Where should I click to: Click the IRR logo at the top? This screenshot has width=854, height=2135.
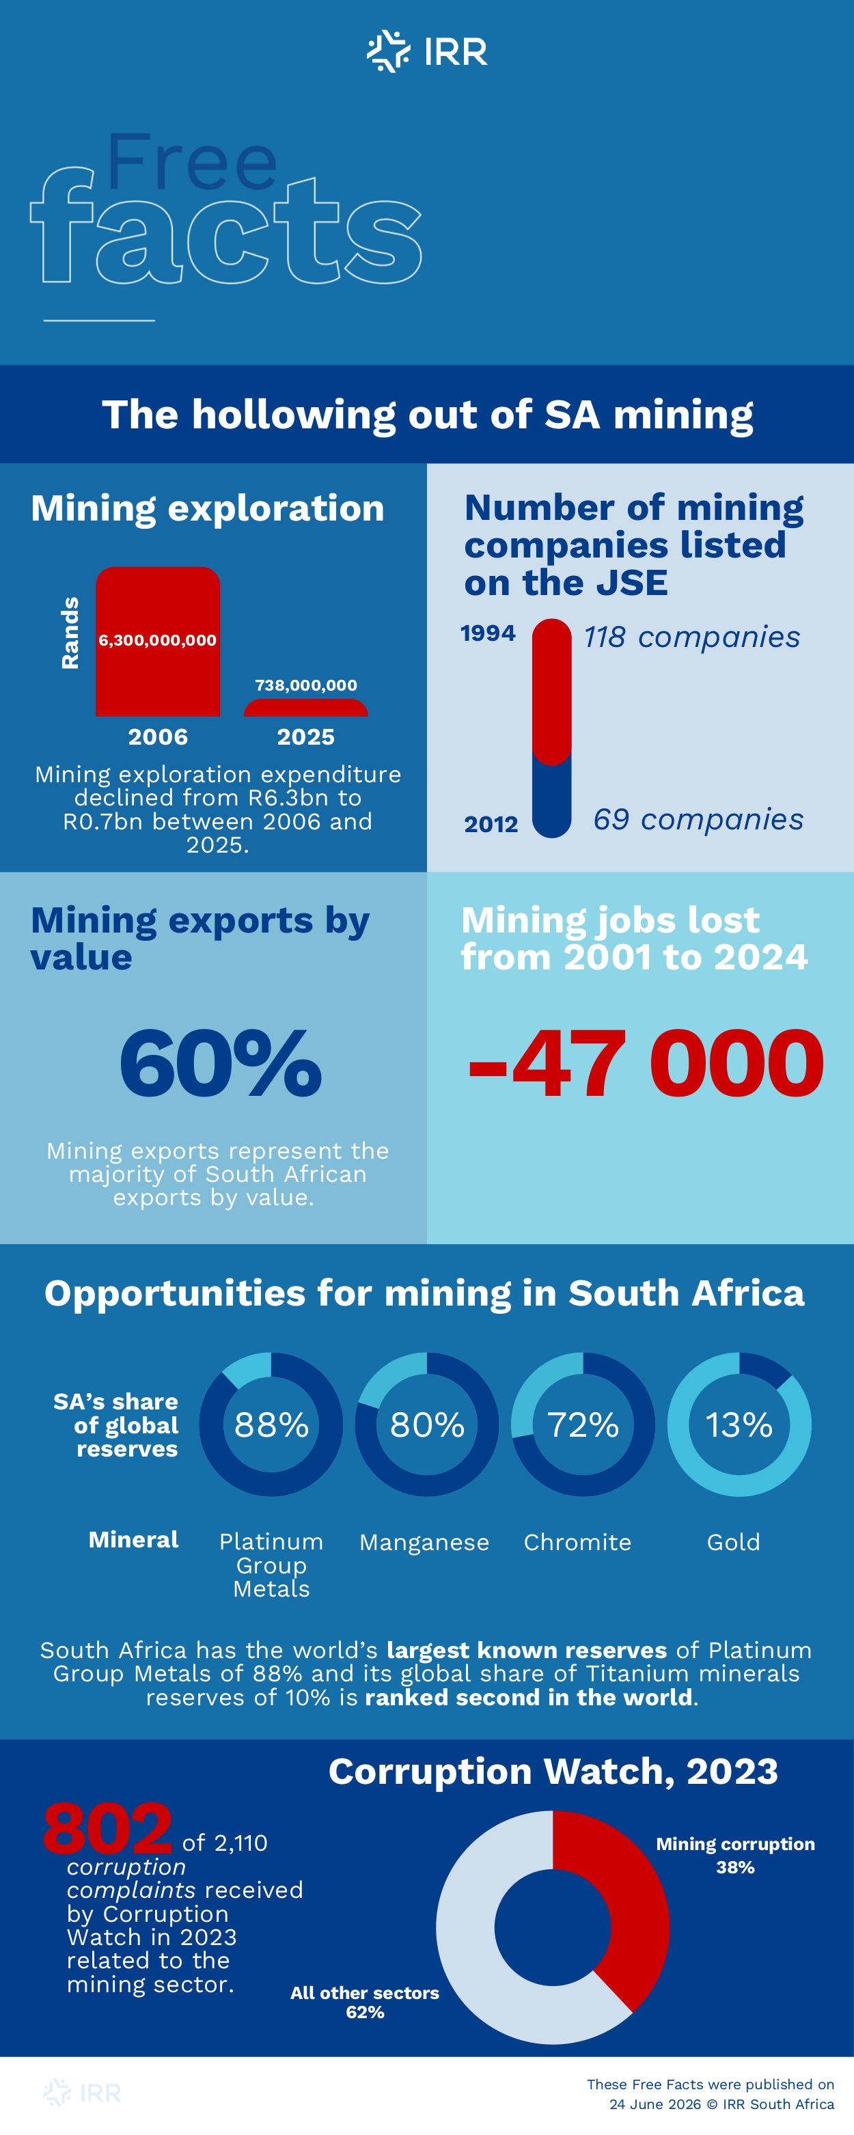click(427, 51)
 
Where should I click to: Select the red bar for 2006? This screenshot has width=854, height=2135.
click(158, 642)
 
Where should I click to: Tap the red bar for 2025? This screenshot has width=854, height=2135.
click(306, 708)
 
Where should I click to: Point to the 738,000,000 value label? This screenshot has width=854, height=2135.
click(306, 685)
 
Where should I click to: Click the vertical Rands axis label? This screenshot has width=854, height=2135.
click(70, 633)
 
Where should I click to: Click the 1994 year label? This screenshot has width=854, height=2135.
click(488, 633)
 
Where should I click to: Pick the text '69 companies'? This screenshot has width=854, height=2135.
click(698, 820)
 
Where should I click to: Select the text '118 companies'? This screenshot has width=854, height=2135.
click(691, 637)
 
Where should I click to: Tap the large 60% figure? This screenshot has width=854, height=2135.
click(221, 1062)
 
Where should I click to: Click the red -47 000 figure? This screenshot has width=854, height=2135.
click(646, 1062)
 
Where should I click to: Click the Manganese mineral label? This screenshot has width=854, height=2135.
click(424, 1543)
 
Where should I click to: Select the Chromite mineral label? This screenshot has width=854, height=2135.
click(578, 1543)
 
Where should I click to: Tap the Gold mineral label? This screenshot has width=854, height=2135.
click(734, 1543)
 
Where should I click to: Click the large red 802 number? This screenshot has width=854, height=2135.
click(108, 1829)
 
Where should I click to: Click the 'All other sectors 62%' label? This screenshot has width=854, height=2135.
click(365, 2002)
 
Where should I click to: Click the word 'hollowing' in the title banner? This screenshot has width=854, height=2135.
click(294, 415)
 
